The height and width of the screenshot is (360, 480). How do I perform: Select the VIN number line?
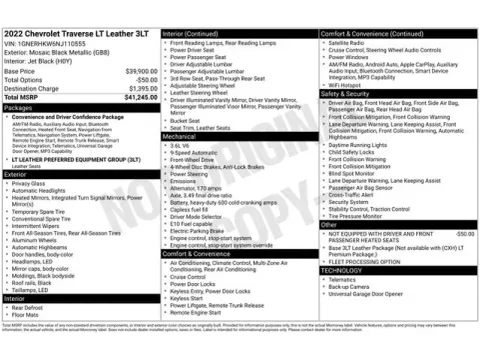click(59, 46)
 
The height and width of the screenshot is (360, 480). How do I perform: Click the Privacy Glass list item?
click(30, 184)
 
